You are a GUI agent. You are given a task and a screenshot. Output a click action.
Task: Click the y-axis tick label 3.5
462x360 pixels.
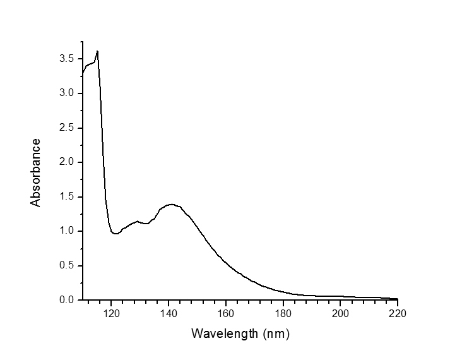click(66, 59)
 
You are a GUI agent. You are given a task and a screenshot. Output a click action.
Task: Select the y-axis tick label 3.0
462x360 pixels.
click(66, 93)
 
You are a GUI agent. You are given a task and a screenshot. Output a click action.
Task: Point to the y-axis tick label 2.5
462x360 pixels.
click(66, 128)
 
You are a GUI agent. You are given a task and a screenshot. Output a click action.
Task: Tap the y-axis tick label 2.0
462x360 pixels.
click(66, 162)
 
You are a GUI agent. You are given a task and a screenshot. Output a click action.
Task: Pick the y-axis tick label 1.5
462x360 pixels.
click(66, 196)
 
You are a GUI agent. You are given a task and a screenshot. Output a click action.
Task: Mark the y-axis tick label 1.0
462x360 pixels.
click(66, 231)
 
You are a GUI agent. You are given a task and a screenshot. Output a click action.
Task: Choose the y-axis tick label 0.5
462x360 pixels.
click(66, 265)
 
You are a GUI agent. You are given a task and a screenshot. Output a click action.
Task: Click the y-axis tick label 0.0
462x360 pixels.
click(66, 300)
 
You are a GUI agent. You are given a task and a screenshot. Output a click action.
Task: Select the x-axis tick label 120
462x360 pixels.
click(111, 313)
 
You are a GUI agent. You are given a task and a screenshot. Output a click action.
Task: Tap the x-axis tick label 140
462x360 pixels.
click(169, 313)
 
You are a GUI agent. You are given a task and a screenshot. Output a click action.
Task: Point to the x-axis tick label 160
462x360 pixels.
click(226, 313)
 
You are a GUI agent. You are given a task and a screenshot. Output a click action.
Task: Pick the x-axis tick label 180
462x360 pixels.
click(283, 313)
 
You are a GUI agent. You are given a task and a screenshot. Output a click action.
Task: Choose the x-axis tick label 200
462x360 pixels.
click(340, 313)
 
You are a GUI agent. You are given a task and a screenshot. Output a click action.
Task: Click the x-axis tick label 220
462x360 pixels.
click(398, 313)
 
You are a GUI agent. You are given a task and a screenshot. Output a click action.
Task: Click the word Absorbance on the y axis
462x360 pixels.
click(36, 172)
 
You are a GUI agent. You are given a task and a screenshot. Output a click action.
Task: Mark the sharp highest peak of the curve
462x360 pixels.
click(97, 51)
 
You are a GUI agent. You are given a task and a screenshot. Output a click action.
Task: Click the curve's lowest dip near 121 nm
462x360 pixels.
click(115, 234)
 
